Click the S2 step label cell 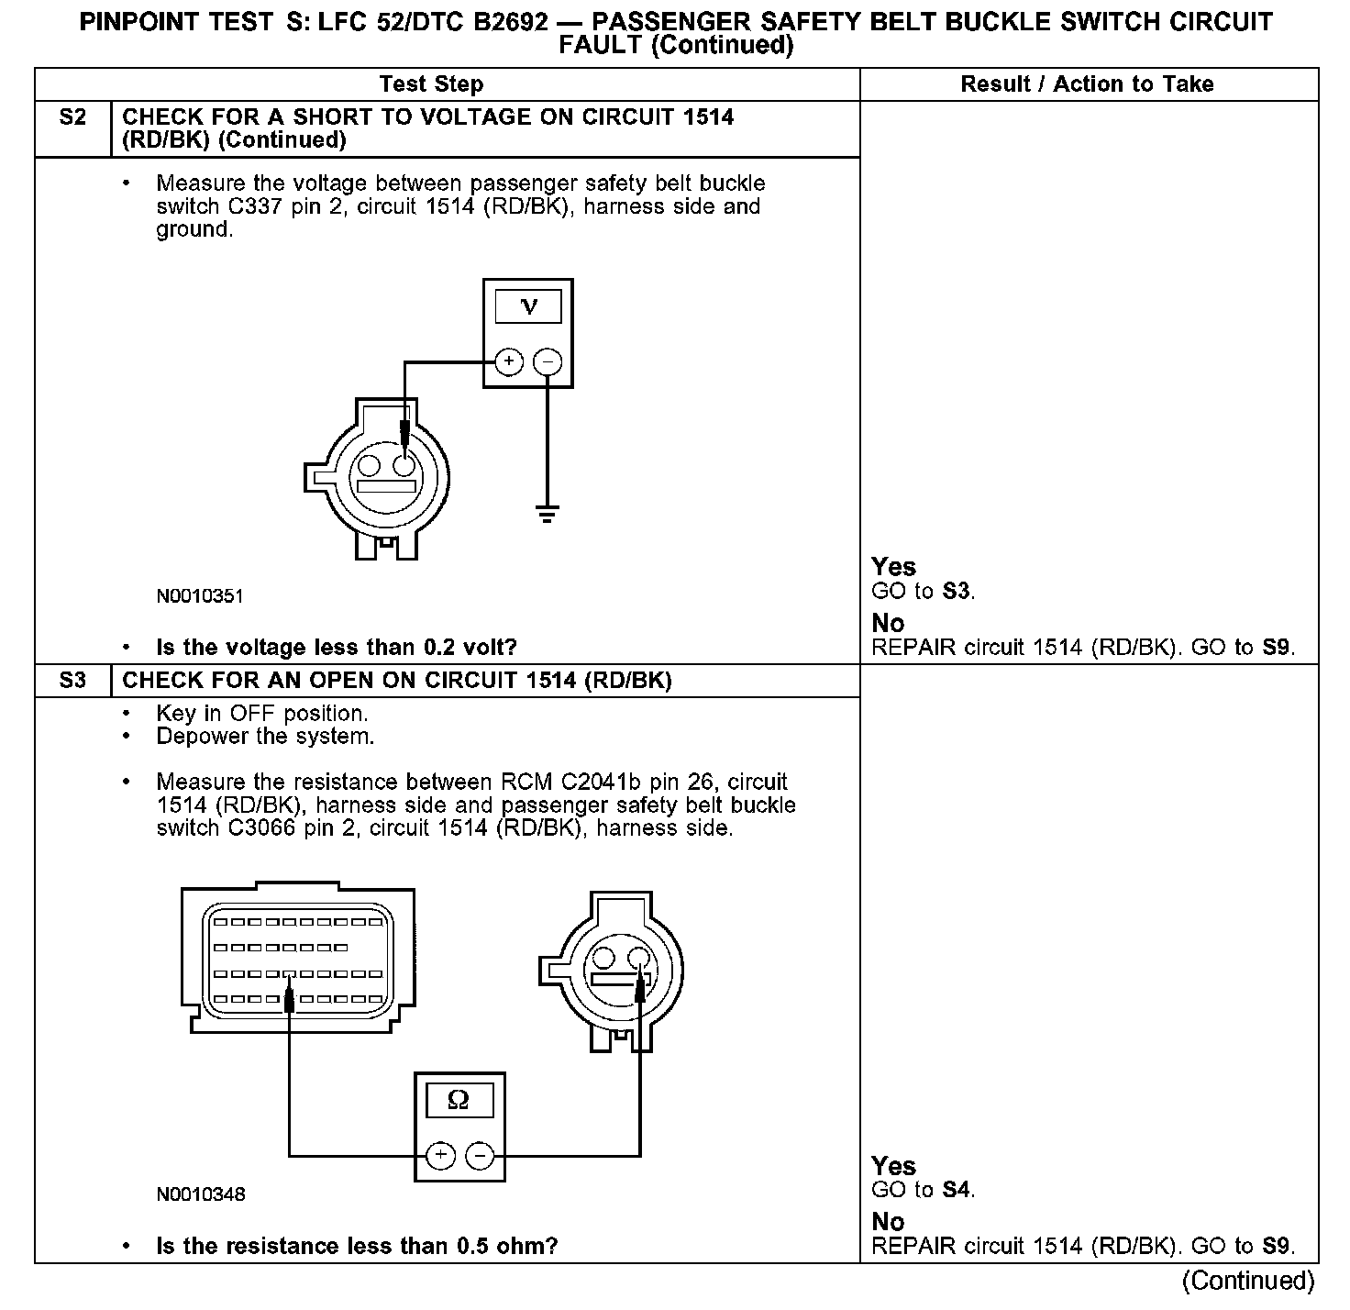coord(72,118)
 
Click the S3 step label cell coord(72,681)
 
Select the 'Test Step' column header coord(431,84)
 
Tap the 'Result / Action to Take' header coord(1087,84)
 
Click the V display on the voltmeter coord(528,306)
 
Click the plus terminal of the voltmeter coord(509,362)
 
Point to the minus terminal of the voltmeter coord(548,362)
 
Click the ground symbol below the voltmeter coord(548,513)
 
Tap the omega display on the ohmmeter coord(459,1100)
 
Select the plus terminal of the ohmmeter coord(440,1155)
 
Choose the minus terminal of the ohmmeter coord(480,1155)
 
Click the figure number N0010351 coord(200,596)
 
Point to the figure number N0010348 coord(201,1194)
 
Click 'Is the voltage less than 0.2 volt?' coord(337,648)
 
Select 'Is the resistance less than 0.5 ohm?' coord(357,1246)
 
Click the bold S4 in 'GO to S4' coord(956,1190)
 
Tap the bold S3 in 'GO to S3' coord(956,592)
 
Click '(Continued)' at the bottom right coord(1248,1280)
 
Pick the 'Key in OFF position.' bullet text coord(261,714)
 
